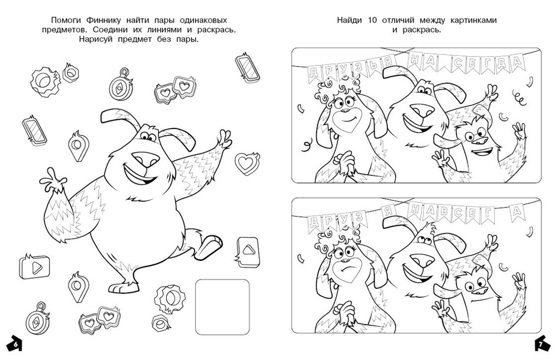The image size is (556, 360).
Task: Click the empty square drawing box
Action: point(222,307)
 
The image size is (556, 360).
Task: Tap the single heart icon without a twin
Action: point(247,164)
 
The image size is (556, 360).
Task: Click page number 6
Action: point(15,344)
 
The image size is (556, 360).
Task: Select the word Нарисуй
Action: point(96,39)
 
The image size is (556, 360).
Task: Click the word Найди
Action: point(349,20)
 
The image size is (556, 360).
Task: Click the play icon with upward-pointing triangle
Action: point(247,251)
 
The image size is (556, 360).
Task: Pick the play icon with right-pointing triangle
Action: point(34,267)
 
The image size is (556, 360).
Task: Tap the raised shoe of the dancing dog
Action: point(209,246)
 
